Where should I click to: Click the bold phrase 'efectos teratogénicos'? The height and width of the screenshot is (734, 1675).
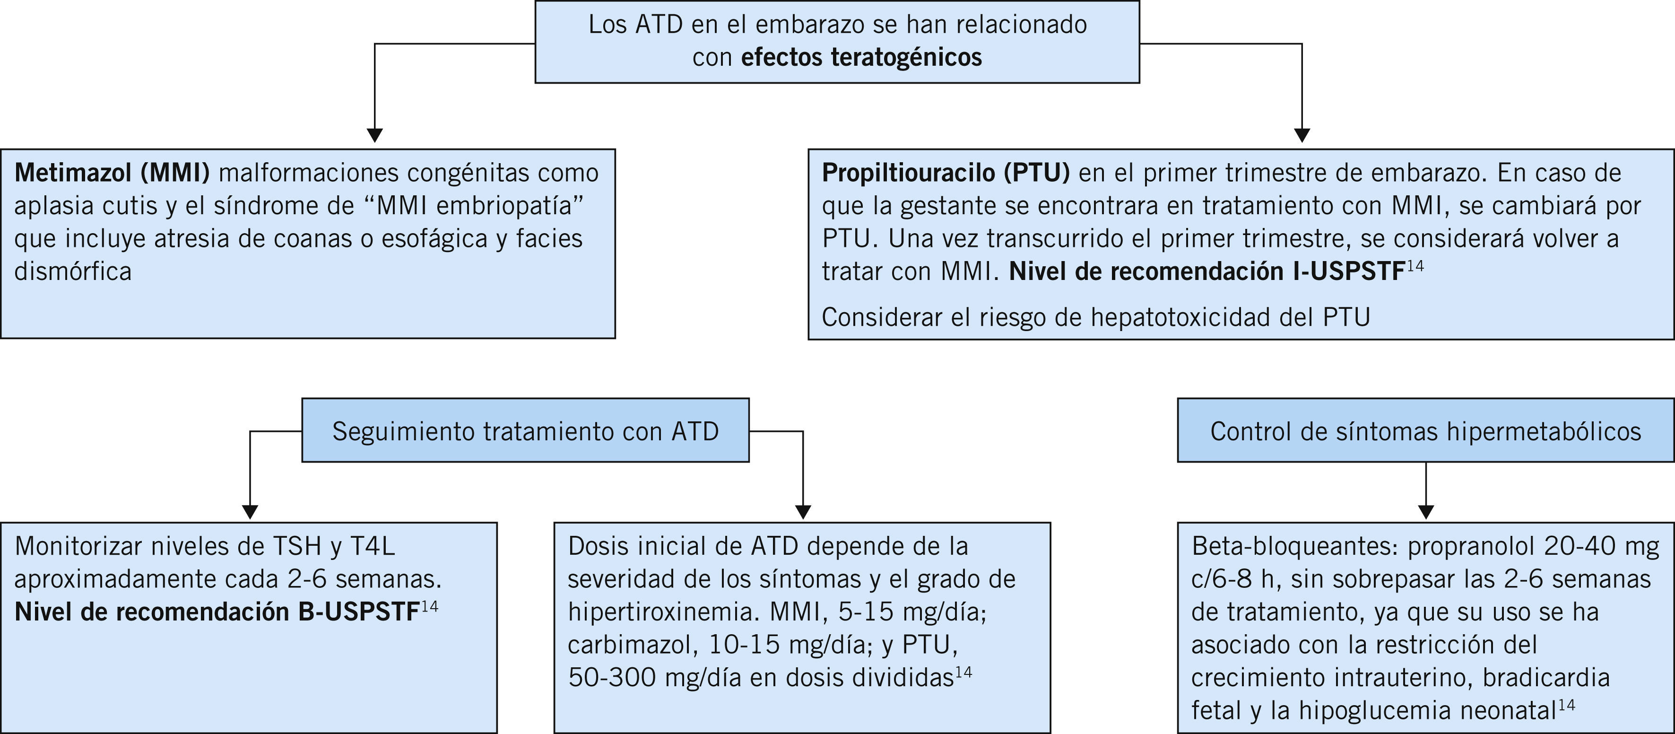point(861,58)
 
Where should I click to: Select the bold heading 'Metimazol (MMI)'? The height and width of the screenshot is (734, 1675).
point(112,173)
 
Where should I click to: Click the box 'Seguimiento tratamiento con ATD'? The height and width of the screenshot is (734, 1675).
point(525,431)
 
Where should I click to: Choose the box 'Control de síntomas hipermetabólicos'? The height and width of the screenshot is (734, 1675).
point(1425,431)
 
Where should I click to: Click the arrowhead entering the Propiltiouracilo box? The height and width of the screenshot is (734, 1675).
point(1302,135)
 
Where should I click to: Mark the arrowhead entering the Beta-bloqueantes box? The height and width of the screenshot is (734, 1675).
point(1425,512)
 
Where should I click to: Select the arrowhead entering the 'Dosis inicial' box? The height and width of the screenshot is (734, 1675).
point(803,512)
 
